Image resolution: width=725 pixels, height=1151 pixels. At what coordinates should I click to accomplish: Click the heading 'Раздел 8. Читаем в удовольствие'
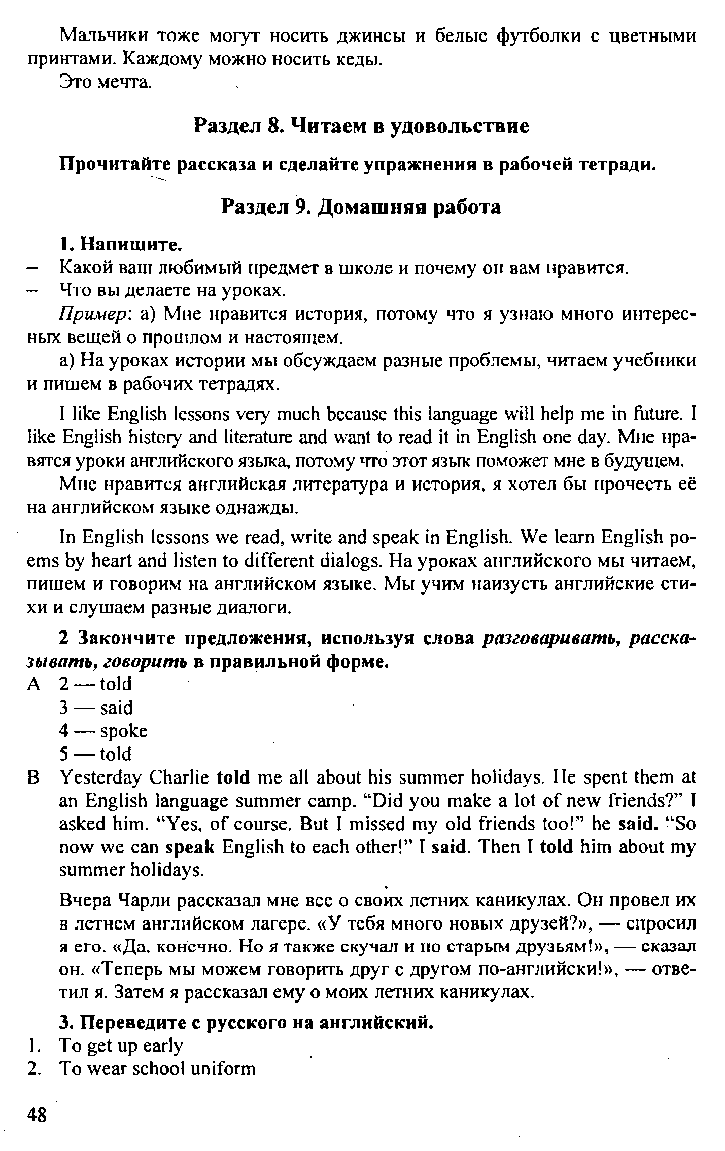point(362,126)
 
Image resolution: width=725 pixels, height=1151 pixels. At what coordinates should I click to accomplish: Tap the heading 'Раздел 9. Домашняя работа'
point(362,207)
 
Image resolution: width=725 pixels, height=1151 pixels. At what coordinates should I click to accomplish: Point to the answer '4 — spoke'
point(103,731)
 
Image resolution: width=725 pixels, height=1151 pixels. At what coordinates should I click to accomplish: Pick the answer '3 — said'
point(96,708)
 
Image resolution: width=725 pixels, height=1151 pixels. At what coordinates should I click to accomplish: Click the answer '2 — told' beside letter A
point(95,684)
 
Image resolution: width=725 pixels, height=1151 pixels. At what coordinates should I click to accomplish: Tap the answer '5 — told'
point(95,754)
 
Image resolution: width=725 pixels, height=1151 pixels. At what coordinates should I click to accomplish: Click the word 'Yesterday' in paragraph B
point(99,778)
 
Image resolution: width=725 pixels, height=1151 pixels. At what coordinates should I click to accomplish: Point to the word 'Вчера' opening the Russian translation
point(85,901)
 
